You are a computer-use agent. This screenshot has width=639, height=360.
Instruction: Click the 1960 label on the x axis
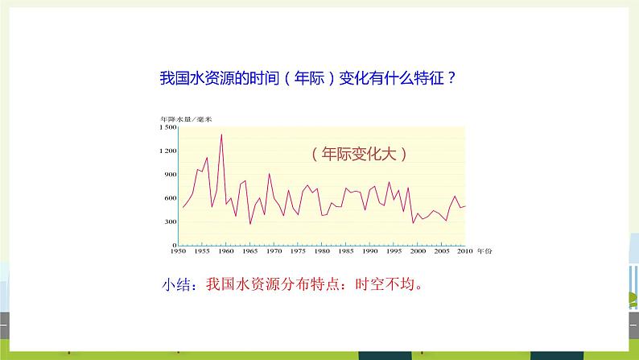click(226, 252)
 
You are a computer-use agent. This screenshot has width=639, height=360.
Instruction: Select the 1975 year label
click(298, 252)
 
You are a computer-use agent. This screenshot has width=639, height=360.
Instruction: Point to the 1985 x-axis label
click(346, 252)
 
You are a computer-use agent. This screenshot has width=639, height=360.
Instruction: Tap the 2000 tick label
click(418, 252)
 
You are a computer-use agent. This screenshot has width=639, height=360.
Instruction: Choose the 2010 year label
click(465, 252)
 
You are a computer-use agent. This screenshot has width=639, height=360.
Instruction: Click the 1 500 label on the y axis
click(167, 127)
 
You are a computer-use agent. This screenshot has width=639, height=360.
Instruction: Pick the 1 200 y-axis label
click(167, 151)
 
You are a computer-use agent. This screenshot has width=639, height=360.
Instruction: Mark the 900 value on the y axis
click(170, 174)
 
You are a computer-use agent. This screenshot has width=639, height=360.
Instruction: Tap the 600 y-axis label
click(170, 198)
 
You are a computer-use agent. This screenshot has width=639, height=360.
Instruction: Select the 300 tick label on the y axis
click(170, 221)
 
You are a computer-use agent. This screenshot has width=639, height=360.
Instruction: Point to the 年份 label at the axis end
click(483, 252)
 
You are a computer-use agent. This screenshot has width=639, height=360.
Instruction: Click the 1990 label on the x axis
click(370, 252)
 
